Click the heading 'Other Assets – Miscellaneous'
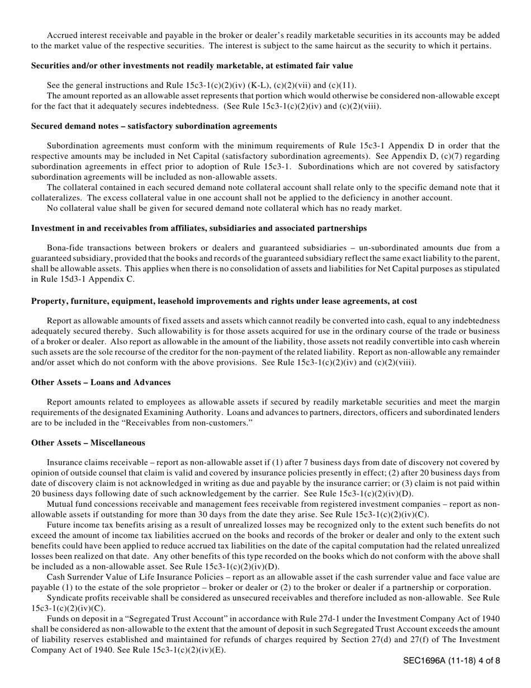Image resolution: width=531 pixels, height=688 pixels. [x=88, y=443]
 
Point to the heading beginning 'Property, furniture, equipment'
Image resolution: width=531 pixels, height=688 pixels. [x=224, y=301]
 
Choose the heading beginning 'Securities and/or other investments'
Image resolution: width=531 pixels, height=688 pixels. [x=192, y=66]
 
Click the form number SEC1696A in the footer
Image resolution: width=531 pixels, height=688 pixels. [x=424, y=661]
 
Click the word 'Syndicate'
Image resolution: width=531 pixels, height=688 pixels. [x=64, y=598]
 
